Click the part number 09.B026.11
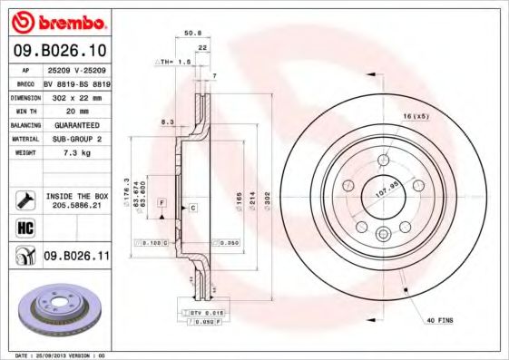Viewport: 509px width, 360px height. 76,257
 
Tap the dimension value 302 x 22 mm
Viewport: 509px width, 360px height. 76,96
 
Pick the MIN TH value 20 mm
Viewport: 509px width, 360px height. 76,111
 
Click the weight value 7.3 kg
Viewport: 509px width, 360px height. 76,153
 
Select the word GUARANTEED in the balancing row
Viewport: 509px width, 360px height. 76,124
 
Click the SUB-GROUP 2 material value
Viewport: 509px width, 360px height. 76,139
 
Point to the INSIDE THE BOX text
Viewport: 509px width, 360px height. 76,195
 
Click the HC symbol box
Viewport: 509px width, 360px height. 24,227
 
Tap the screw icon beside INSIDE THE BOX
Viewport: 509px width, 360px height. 24,199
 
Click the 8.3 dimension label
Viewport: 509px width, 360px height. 167,121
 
